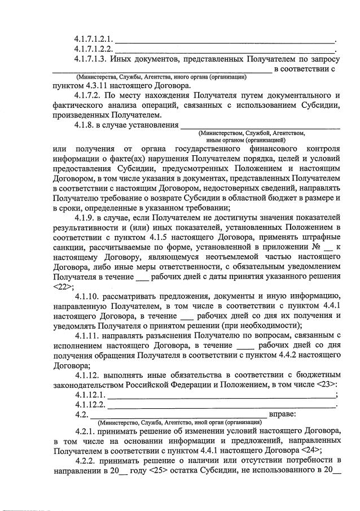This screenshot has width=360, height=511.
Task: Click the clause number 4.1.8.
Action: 85,125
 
